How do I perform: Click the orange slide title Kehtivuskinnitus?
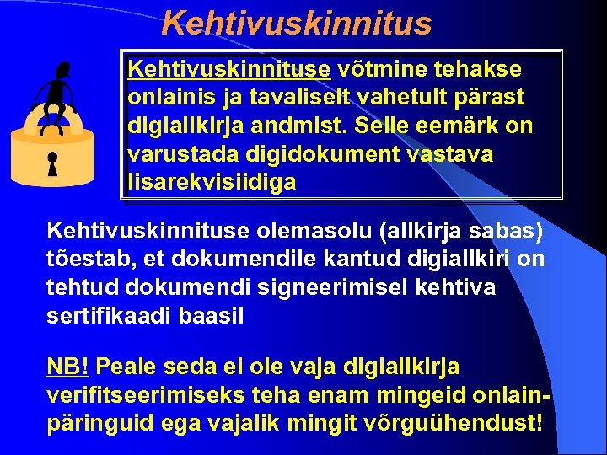[x=296, y=23]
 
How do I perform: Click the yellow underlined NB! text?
[x=67, y=367]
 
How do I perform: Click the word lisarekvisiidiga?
[x=212, y=182]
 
